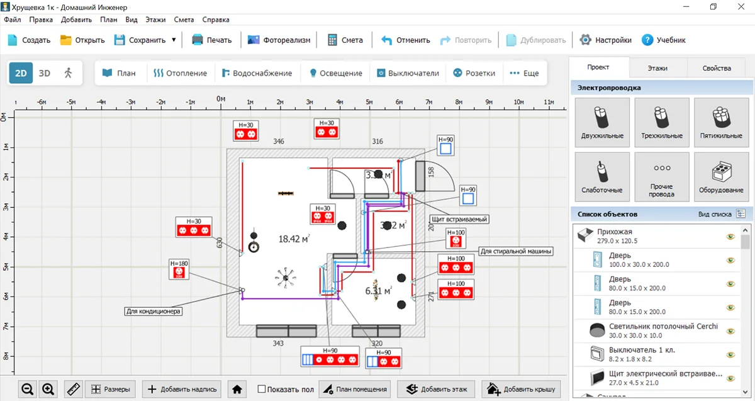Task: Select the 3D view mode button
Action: click(x=44, y=73)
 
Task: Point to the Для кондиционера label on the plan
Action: click(x=154, y=310)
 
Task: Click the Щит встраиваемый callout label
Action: click(x=459, y=219)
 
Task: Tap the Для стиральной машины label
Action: click(x=516, y=251)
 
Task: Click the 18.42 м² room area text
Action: click(x=293, y=239)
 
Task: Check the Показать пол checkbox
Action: click(x=262, y=389)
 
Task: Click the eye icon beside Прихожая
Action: click(x=730, y=237)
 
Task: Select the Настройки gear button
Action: click(x=605, y=40)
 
